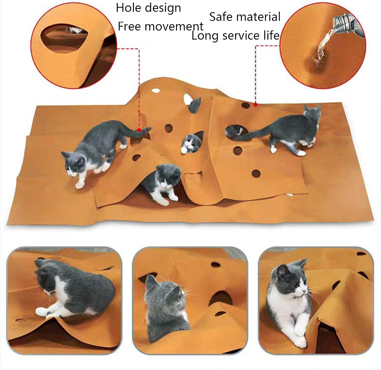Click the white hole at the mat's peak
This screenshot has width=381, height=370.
point(155,90)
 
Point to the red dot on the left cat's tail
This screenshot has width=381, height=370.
point(139,130)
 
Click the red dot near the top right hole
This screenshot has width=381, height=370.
point(256,104)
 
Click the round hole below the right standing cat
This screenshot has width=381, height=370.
point(256,174)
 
